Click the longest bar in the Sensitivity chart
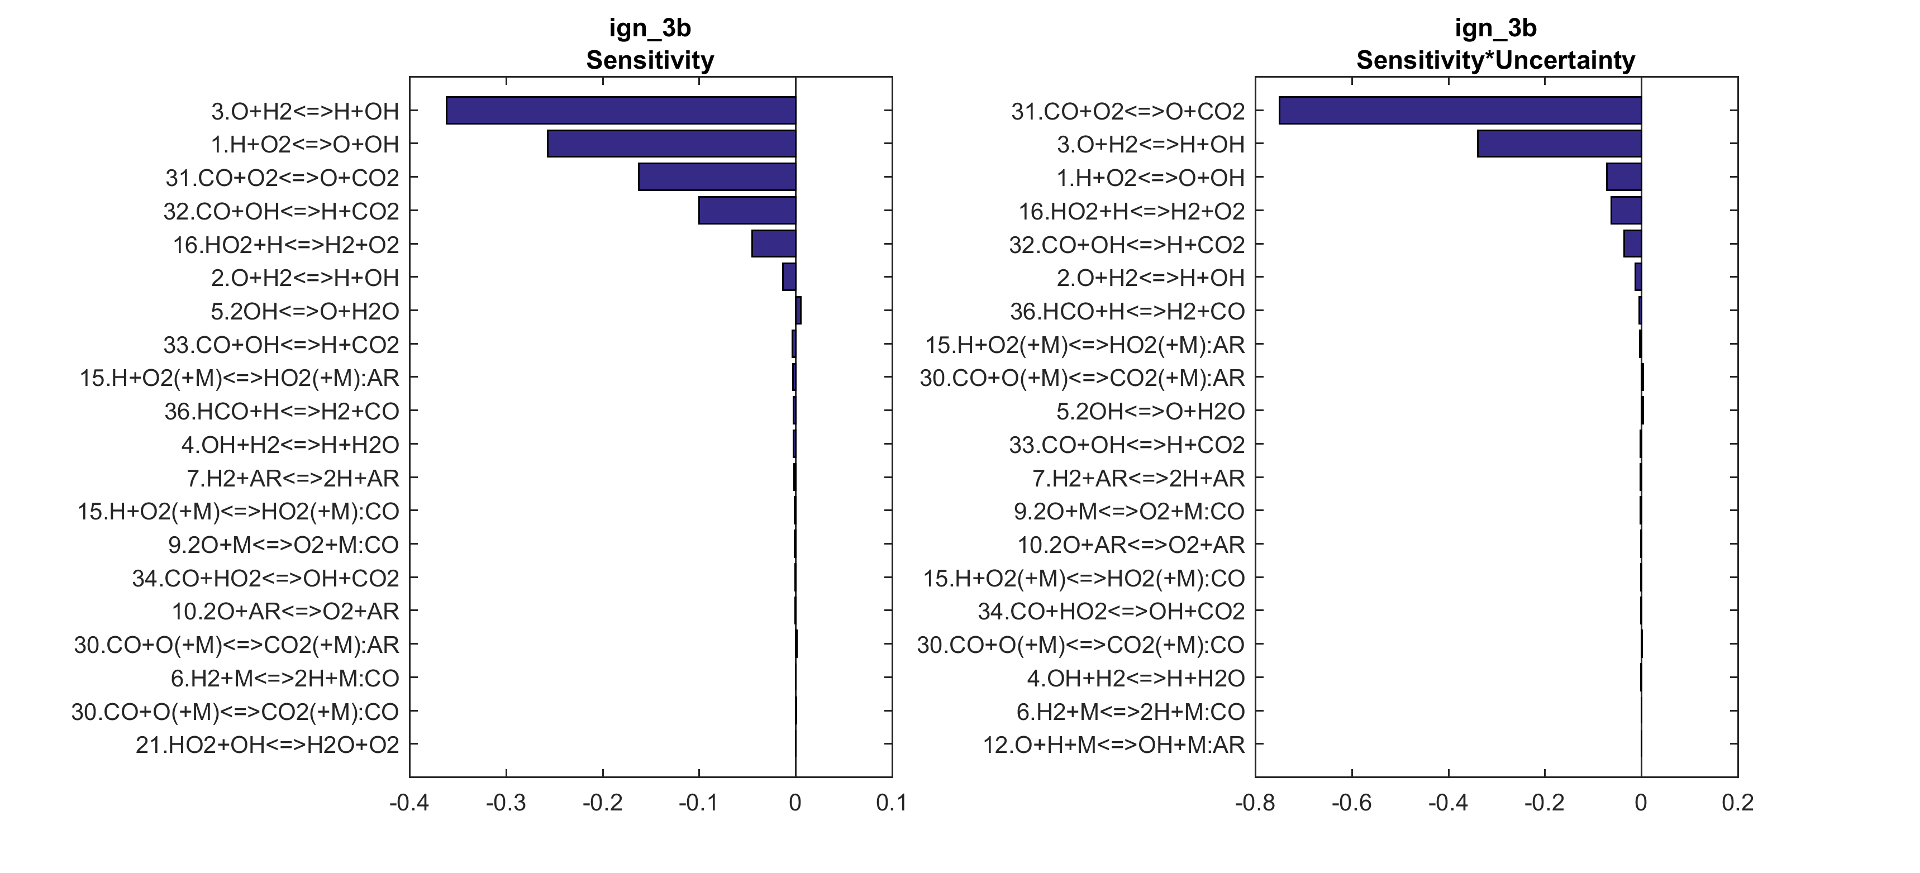pos(620,111)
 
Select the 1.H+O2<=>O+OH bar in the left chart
pos(671,144)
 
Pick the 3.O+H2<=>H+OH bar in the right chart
pos(1559,144)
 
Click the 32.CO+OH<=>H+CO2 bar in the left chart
pos(747,210)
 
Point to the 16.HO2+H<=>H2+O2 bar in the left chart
pos(774,244)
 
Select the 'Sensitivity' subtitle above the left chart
pos(650,60)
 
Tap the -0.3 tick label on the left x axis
pos(506,803)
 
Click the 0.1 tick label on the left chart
pos(892,803)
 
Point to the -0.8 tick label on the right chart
pos(1255,803)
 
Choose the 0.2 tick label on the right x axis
pos(1737,803)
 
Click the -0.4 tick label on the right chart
pos(1448,803)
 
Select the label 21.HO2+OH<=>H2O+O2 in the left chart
pos(267,745)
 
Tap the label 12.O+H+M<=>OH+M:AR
pos(1113,745)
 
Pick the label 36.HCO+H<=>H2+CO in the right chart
pos(1127,311)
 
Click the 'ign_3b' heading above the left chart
pos(650,27)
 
